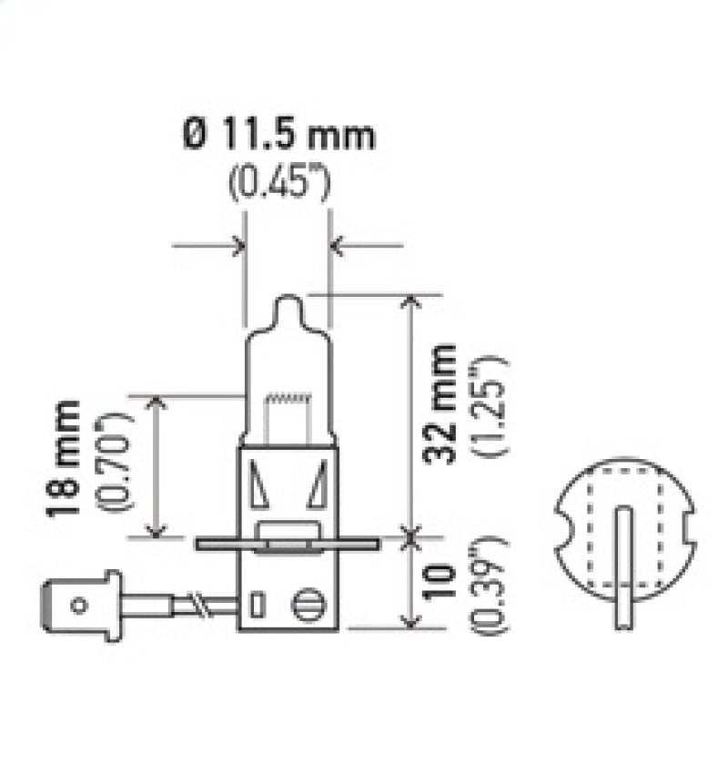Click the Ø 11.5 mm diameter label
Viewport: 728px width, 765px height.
(x=278, y=137)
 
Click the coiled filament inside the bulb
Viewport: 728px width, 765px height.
(x=288, y=397)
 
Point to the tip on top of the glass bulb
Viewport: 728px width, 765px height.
(x=287, y=305)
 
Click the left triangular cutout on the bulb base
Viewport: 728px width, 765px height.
(x=259, y=486)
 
